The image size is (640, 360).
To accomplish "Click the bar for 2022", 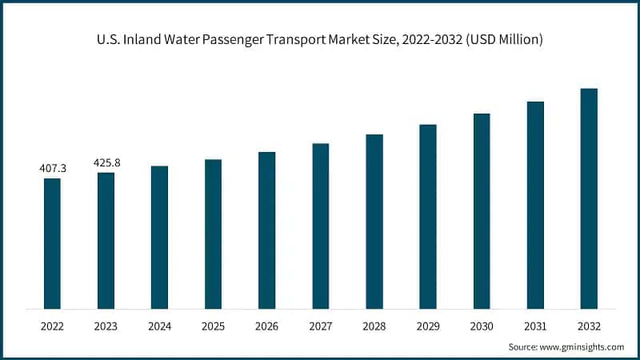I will coord(52,243).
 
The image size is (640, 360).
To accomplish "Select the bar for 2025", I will coord(213,234).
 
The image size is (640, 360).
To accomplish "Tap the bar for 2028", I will coord(374,222).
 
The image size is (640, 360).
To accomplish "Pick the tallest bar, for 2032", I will coord(589,198).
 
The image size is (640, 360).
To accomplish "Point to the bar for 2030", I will coord(482,211).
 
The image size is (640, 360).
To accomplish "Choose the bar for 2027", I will coord(321,226).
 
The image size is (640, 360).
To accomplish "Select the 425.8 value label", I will coord(106,163).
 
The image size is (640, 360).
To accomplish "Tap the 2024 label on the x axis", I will coord(159,326).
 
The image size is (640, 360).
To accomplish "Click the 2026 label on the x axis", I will coord(266,326).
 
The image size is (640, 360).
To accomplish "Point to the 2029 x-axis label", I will coord(428,326).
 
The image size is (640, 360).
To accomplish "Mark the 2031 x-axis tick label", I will coord(535,326).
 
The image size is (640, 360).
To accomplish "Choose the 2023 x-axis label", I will coord(106,326).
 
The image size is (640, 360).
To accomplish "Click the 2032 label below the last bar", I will coord(589,326).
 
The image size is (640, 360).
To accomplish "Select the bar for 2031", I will coord(535,205).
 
